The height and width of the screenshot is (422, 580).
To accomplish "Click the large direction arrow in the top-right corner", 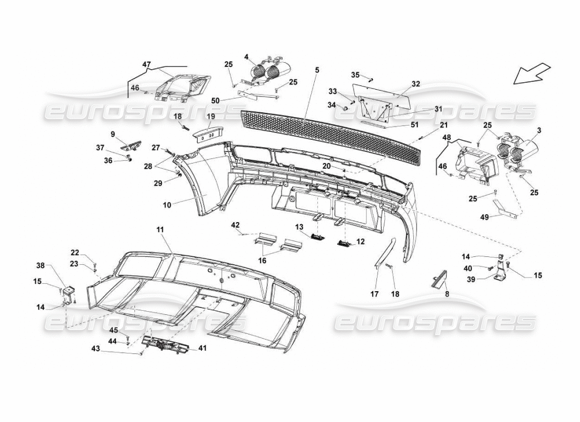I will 531,73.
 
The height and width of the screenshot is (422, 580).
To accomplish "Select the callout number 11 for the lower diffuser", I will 160,230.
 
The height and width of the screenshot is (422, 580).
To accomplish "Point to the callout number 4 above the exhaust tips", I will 246,57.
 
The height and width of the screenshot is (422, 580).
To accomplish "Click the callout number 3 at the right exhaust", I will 538,130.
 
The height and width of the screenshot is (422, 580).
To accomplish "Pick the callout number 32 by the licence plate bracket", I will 416,83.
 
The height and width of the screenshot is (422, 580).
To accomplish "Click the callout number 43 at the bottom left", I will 95,349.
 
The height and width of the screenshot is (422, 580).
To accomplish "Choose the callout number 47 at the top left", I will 146,64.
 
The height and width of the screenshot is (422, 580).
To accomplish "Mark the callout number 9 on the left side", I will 113,134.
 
